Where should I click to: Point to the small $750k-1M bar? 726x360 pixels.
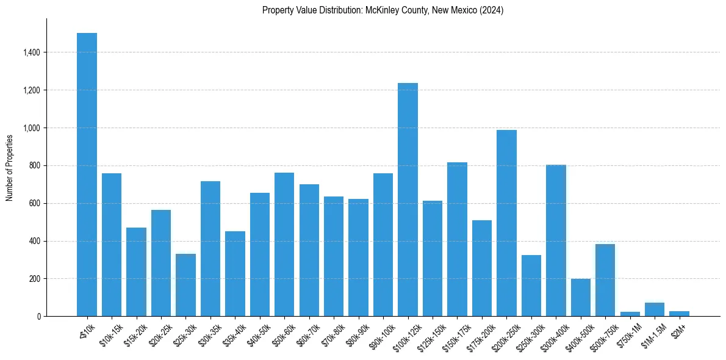tap(630, 314)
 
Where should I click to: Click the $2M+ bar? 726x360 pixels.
tap(679, 314)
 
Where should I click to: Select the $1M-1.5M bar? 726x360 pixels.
tap(655, 309)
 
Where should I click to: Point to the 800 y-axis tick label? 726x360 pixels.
tap(35, 166)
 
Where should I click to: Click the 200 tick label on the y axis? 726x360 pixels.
tap(35, 279)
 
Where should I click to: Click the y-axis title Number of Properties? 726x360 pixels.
tap(10, 167)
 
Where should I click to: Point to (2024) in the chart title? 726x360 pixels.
tap(492, 10)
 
